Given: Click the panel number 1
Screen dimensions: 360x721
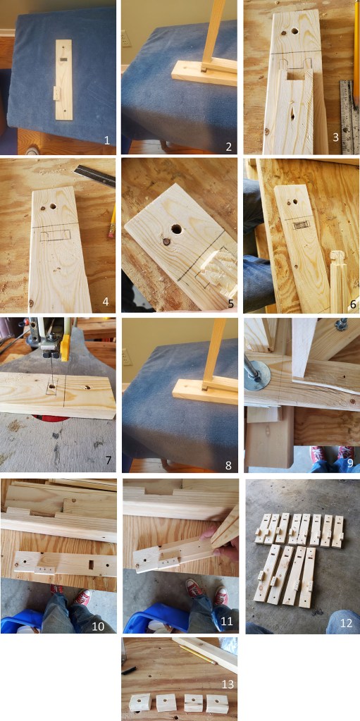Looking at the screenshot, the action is [x=106, y=140].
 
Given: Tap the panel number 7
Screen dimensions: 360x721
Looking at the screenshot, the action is [x=108, y=460].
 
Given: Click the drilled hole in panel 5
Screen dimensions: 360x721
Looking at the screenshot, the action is [x=176, y=228].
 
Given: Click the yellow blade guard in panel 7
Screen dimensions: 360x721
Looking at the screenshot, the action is [x=64, y=347].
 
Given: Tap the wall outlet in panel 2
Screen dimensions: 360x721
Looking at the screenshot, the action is [x=126, y=39].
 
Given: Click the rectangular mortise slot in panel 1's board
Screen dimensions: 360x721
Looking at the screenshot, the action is [x=64, y=60].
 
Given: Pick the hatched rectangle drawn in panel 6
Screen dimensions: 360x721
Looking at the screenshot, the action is [x=301, y=224].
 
